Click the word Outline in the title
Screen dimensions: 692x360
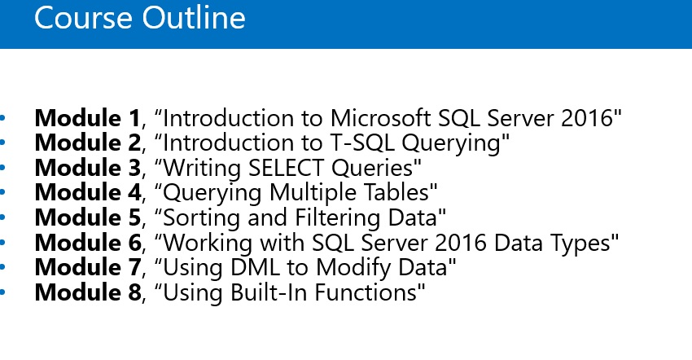pos(194,18)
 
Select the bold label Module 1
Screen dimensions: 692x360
pos(87,118)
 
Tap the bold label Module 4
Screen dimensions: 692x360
pos(88,192)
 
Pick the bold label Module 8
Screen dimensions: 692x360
pos(88,292)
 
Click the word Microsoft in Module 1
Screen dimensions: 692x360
pos(380,118)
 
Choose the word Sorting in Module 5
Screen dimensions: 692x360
pos(202,217)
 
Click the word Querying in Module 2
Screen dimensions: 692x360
pos(453,143)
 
